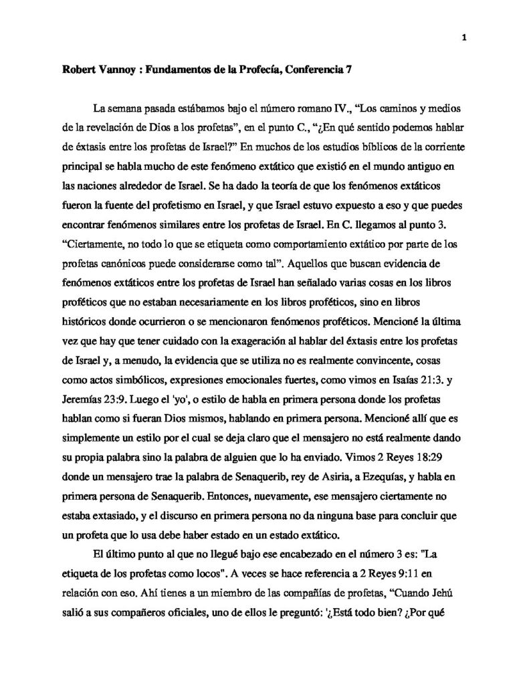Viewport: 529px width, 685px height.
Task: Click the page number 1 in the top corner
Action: coord(463,37)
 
